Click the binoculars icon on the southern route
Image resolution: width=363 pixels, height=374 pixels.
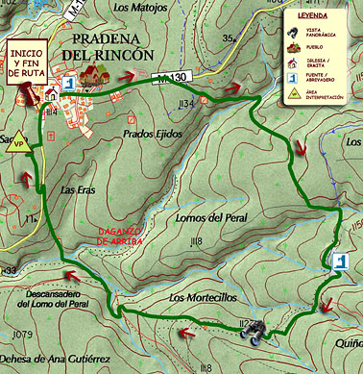(254, 332)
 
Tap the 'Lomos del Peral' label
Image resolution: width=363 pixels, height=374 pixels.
(212, 218)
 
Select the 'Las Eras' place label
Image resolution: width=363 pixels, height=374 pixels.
(78, 189)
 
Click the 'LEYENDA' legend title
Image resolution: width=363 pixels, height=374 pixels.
(313, 17)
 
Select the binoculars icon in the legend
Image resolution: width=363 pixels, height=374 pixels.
(293, 32)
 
